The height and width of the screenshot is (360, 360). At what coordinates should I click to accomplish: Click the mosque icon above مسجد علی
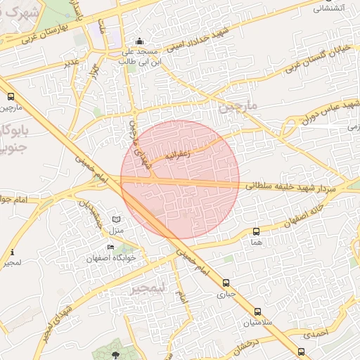139,41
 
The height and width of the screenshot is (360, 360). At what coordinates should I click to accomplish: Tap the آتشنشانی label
328,8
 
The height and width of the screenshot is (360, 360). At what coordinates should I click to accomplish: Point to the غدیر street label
72,63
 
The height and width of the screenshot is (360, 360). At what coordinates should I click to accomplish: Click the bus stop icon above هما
256,231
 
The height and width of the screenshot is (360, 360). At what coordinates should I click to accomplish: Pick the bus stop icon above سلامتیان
257,311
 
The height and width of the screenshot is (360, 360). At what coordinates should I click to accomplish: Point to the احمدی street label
321,334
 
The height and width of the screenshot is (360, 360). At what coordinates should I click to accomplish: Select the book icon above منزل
117,220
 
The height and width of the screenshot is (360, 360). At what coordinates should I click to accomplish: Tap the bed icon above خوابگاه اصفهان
110,247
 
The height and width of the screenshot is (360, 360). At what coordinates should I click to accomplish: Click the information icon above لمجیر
12,252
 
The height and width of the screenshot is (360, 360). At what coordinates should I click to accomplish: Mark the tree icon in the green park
116,353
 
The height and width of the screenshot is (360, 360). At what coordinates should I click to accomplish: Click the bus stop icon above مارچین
11,97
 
